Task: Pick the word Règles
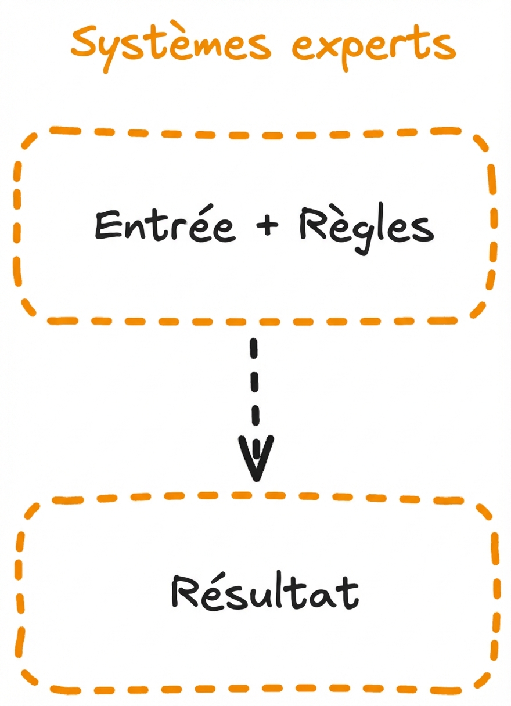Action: click(x=366, y=228)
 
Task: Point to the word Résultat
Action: click(x=264, y=592)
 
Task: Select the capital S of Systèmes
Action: click(x=87, y=42)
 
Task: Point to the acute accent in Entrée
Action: click(x=206, y=208)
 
